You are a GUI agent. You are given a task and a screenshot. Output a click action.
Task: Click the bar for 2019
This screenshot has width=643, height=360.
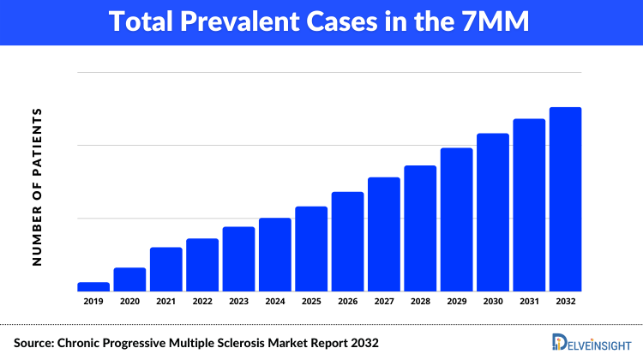pyautogui.click(x=93, y=286)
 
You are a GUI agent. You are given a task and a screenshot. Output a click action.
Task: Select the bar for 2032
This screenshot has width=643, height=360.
pyautogui.click(x=565, y=199)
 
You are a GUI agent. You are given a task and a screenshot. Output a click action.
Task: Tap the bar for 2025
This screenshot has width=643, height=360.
pyautogui.click(x=311, y=249)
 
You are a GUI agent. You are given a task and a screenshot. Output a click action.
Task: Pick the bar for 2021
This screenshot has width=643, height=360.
pyautogui.click(x=165, y=269)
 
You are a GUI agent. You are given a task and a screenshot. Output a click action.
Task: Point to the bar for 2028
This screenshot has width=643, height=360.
pyautogui.click(x=420, y=228)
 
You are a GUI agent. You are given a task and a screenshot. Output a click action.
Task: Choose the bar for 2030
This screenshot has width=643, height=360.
pyautogui.click(x=493, y=212)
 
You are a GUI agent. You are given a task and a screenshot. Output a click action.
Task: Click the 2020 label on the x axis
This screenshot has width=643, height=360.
pyautogui.click(x=129, y=301)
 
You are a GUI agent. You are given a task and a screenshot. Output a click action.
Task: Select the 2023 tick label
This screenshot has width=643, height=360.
pyautogui.click(x=238, y=301)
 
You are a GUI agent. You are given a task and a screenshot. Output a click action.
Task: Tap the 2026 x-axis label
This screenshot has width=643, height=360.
pyautogui.click(x=347, y=301)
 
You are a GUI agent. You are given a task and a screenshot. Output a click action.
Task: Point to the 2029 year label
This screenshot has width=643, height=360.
pyautogui.click(x=456, y=301)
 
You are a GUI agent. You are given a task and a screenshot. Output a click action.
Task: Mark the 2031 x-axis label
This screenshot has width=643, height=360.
pyautogui.click(x=529, y=301)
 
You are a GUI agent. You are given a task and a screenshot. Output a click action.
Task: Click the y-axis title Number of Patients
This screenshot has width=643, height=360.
pyautogui.click(x=37, y=186)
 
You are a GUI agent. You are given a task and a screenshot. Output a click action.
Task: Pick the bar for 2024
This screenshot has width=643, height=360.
pyautogui.click(x=275, y=255)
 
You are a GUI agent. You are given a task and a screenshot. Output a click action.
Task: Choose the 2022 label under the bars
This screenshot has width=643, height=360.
pyautogui.click(x=202, y=301)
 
